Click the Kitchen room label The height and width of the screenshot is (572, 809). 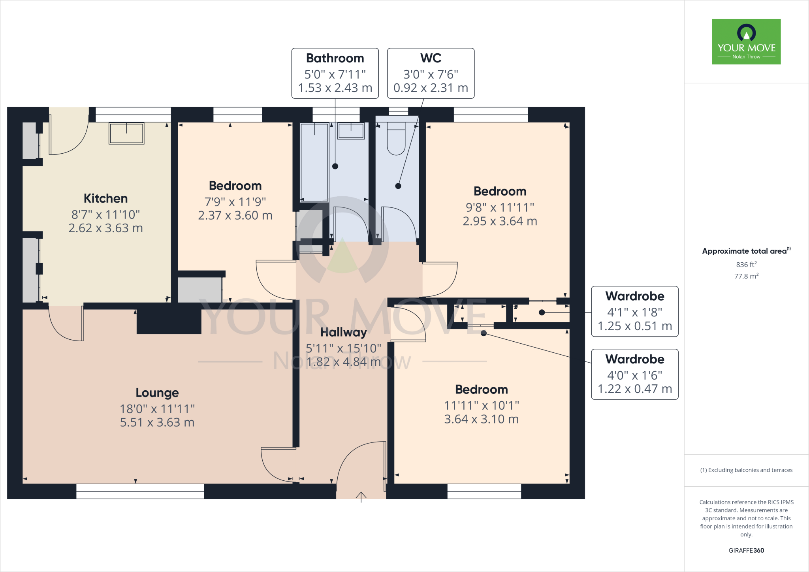click(x=105, y=198)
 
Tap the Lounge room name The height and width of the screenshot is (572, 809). click(x=157, y=393)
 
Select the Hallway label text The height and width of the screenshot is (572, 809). click(x=343, y=332)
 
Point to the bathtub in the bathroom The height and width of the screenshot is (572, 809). click(x=314, y=162)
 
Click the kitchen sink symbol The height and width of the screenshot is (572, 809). click(x=126, y=133)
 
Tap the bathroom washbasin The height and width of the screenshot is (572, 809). click(x=351, y=131)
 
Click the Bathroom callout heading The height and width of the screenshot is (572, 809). click(x=335, y=58)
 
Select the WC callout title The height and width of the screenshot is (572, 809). click(x=431, y=58)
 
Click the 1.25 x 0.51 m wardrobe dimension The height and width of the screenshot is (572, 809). click(x=634, y=326)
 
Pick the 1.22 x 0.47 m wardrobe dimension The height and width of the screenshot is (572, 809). click(x=634, y=389)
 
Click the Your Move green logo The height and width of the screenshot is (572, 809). click(x=746, y=41)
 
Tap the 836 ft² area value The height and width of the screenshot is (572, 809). click(x=746, y=265)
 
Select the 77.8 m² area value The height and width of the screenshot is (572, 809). click(x=746, y=276)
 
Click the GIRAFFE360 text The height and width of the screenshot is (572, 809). click(x=746, y=550)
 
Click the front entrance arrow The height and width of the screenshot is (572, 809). click(x=361, y=497)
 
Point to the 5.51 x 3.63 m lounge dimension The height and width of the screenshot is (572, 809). click(x=157, y=423)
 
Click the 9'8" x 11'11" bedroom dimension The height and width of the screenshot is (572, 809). click(x=500, y=207)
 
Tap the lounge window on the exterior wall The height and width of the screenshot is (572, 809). click(x=140, y=491)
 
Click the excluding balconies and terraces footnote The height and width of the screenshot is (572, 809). click(x=746, y=470)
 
